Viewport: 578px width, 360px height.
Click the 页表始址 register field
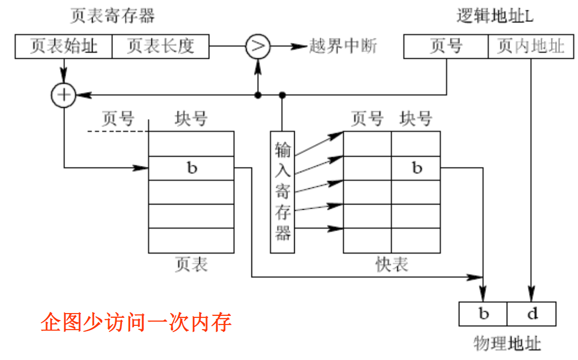(64, 46)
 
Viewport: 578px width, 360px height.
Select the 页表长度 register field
(160, 46)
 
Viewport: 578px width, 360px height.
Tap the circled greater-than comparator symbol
(258, 46)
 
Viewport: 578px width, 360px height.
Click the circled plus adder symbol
(64, 95)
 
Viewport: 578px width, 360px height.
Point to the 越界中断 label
(343, 46)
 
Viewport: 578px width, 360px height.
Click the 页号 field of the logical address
(446, 46)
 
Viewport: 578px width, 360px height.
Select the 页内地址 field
(531, 46)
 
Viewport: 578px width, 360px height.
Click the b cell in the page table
(191, 168)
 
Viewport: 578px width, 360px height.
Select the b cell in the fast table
(416, 168)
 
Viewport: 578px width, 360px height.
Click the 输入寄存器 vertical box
(282, 192)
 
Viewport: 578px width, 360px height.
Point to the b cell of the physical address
(483, 314)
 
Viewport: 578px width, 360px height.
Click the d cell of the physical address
(532, 314)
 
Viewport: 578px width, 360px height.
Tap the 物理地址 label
(507, 343)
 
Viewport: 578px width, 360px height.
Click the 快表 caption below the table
(392, 265)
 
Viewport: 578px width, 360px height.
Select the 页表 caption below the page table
(191, 265)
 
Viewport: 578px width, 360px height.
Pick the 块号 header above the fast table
(416, 119)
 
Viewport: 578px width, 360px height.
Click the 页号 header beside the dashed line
(118, 119)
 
